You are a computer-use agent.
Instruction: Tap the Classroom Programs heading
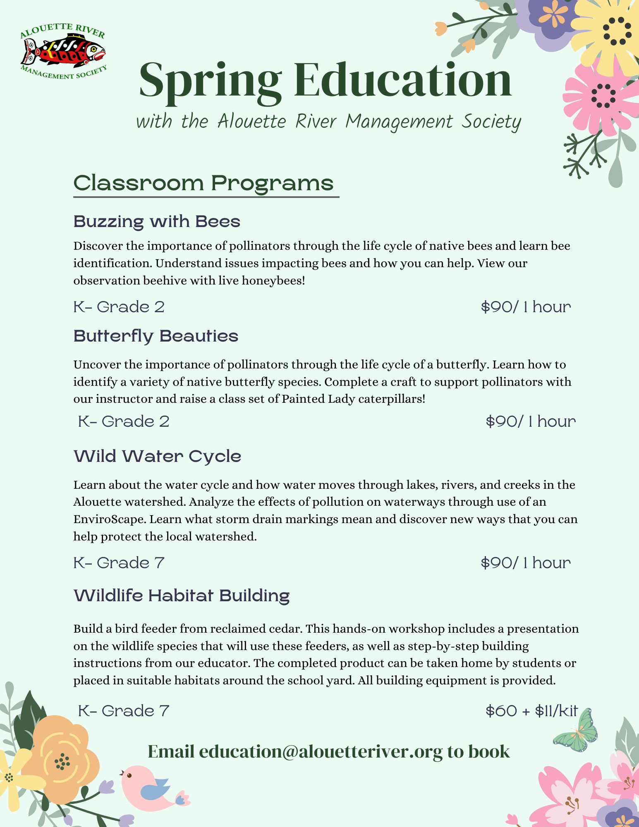click(203, 183)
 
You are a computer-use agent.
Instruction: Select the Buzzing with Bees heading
click(157, 222)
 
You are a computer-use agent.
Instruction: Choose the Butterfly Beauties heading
click(156, 336)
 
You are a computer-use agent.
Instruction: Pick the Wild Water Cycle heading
click(157, 457)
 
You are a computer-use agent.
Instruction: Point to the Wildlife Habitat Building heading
click(182, 596)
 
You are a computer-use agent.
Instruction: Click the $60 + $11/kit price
click(531, 711)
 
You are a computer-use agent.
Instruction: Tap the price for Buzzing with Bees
click(526, 307)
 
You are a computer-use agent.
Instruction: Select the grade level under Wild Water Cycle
click(119, 563)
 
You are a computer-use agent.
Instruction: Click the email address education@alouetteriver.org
click(321, 752)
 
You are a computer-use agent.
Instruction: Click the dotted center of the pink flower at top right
click(603, 96)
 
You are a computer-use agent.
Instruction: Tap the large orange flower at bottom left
click(62, 761)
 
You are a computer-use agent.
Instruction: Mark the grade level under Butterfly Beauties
click(124, 421)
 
